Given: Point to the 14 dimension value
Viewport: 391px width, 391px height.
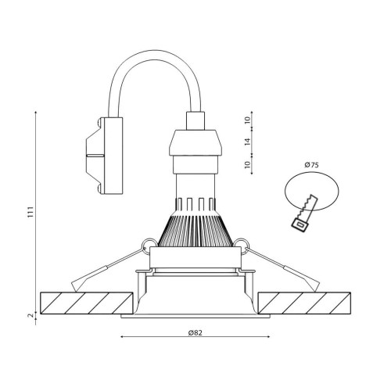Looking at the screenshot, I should coord(246,142).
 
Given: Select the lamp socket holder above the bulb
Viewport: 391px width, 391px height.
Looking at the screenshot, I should coord(195,149).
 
